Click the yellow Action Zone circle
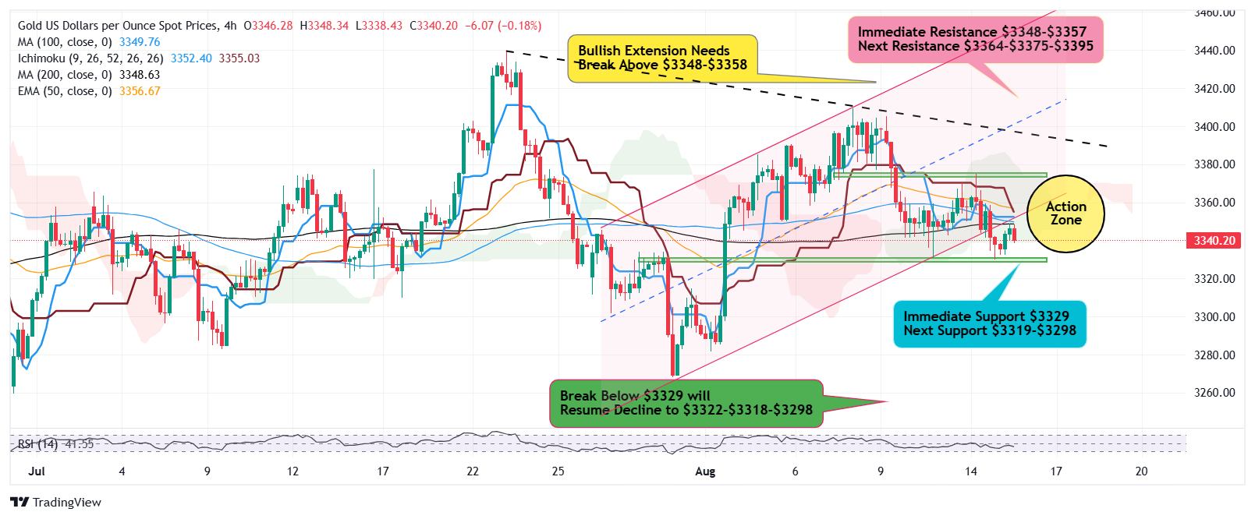[1065, 214]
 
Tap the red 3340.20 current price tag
[1214, 241]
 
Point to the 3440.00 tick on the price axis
[1214, 51]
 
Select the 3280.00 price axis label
[1214, 355]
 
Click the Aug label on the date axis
[705, 471]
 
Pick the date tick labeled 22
[473, 471]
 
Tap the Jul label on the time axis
[36, 471]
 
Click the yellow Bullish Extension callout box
[662, 58]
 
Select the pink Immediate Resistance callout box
[975, 40]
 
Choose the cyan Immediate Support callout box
[989, 323]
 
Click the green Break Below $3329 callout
[686, 403]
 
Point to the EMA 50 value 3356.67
[140, 91]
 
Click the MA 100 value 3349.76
[140, 42]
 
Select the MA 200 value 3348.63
[140, 75]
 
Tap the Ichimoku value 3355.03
[239, 58]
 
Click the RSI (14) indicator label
[37, 444]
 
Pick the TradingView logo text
[66, 503]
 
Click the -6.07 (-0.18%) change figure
[503, 26]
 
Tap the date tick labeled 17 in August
[1056, 471]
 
